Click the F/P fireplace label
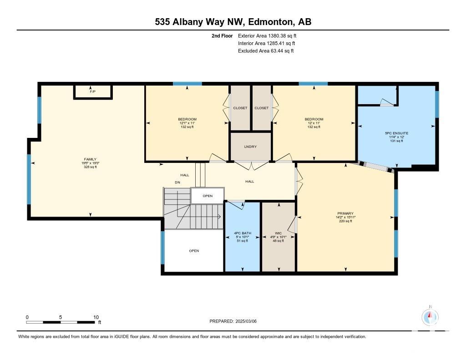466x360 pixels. click(93, 91)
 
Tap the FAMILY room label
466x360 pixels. click(90, 159)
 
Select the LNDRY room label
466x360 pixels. click(250, 147)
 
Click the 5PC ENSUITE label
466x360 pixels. click(396, 133)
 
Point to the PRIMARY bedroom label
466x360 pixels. click(345, 213)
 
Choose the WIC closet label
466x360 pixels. click(278, 233)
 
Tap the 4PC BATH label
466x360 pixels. click(243, 233)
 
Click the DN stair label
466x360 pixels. click(177, 182)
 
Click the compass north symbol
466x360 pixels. click(430, 317)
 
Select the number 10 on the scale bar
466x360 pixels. click(96, 317)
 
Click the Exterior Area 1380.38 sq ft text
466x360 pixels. click(267, 36)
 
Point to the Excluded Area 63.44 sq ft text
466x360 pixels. click(266, 51)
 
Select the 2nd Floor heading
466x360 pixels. click(222, 36)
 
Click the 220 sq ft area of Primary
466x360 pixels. click(345, 221)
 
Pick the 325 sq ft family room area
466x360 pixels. click(90, 167)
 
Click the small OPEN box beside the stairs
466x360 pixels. click(208, 196)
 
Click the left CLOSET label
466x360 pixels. click(240, 108)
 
